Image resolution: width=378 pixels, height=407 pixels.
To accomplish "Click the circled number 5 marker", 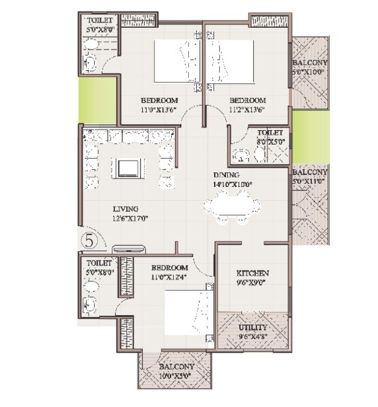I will pos(91,241).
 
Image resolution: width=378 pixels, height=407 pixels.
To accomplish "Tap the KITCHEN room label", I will pos(252,273).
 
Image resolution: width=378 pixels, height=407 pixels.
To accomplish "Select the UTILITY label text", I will pos(252,327).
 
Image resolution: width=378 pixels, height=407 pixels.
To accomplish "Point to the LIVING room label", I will pos(126,209).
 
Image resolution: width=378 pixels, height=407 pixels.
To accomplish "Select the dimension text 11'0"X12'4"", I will pos(169,277).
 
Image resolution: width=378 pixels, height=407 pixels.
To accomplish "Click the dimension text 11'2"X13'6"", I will pos(248,111).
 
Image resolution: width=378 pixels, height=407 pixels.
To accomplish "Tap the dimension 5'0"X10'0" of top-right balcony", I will pos(311,73).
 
